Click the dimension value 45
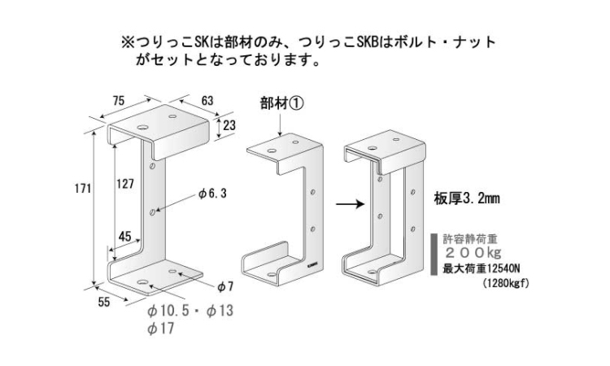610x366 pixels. (125, 237)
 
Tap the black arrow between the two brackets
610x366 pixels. (348, 205)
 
